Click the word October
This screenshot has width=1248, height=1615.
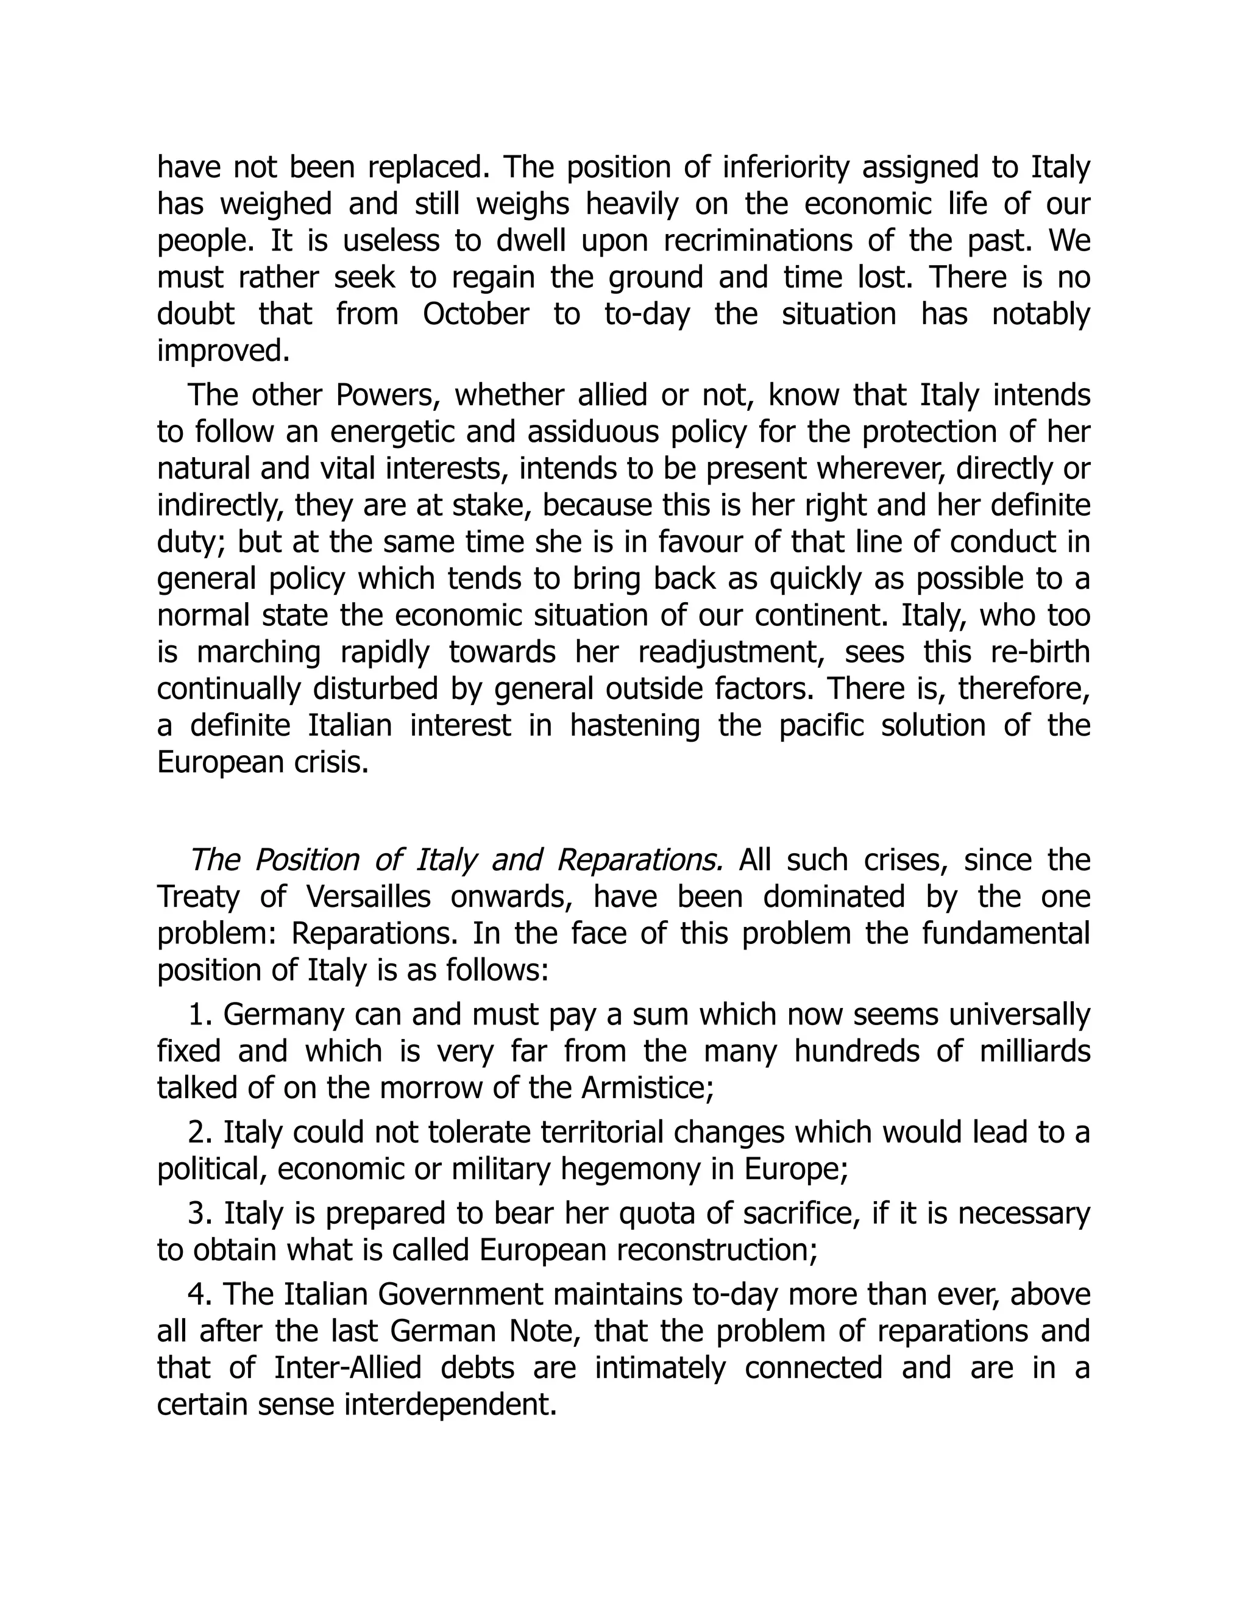coord(475,314)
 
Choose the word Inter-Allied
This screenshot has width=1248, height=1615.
coord(347,1368)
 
